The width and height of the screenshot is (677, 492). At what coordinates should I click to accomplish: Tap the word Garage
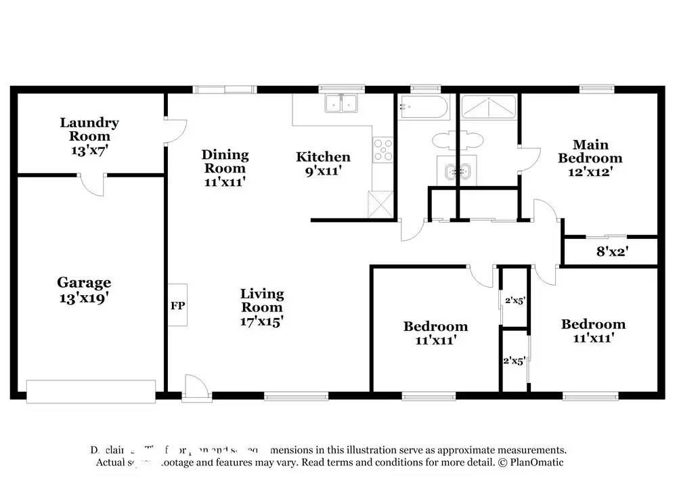coord(84,282)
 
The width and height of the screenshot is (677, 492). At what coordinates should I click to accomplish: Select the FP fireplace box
coord(177,305)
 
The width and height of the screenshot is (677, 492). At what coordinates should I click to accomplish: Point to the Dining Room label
coord(225,162)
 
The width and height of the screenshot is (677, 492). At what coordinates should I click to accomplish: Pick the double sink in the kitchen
coord(342,104)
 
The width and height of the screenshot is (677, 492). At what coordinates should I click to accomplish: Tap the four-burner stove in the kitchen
coord(383,148)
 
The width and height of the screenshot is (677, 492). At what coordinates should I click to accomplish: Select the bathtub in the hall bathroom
coord(423,107)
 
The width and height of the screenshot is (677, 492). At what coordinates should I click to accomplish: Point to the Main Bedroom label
coord(590,151)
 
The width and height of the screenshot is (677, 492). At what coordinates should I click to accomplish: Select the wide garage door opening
coord(91,388)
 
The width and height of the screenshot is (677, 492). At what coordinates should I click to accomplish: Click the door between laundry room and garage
coord(91,181)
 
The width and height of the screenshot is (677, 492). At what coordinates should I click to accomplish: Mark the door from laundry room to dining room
coord(173,131)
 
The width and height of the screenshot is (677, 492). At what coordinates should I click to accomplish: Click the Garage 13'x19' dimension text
coord(84,296)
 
